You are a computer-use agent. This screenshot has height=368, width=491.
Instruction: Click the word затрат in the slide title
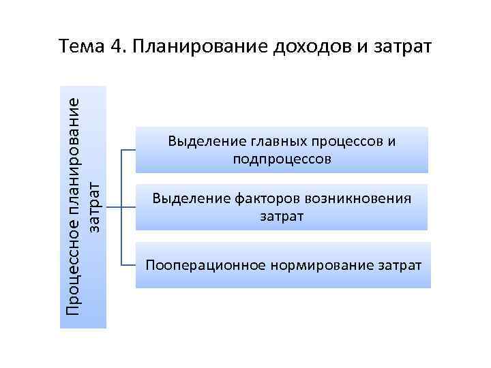pyautogui.click(x=402, y=47)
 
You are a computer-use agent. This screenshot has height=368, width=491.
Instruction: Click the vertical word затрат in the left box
pyautogui.click(x=95, y=204)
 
